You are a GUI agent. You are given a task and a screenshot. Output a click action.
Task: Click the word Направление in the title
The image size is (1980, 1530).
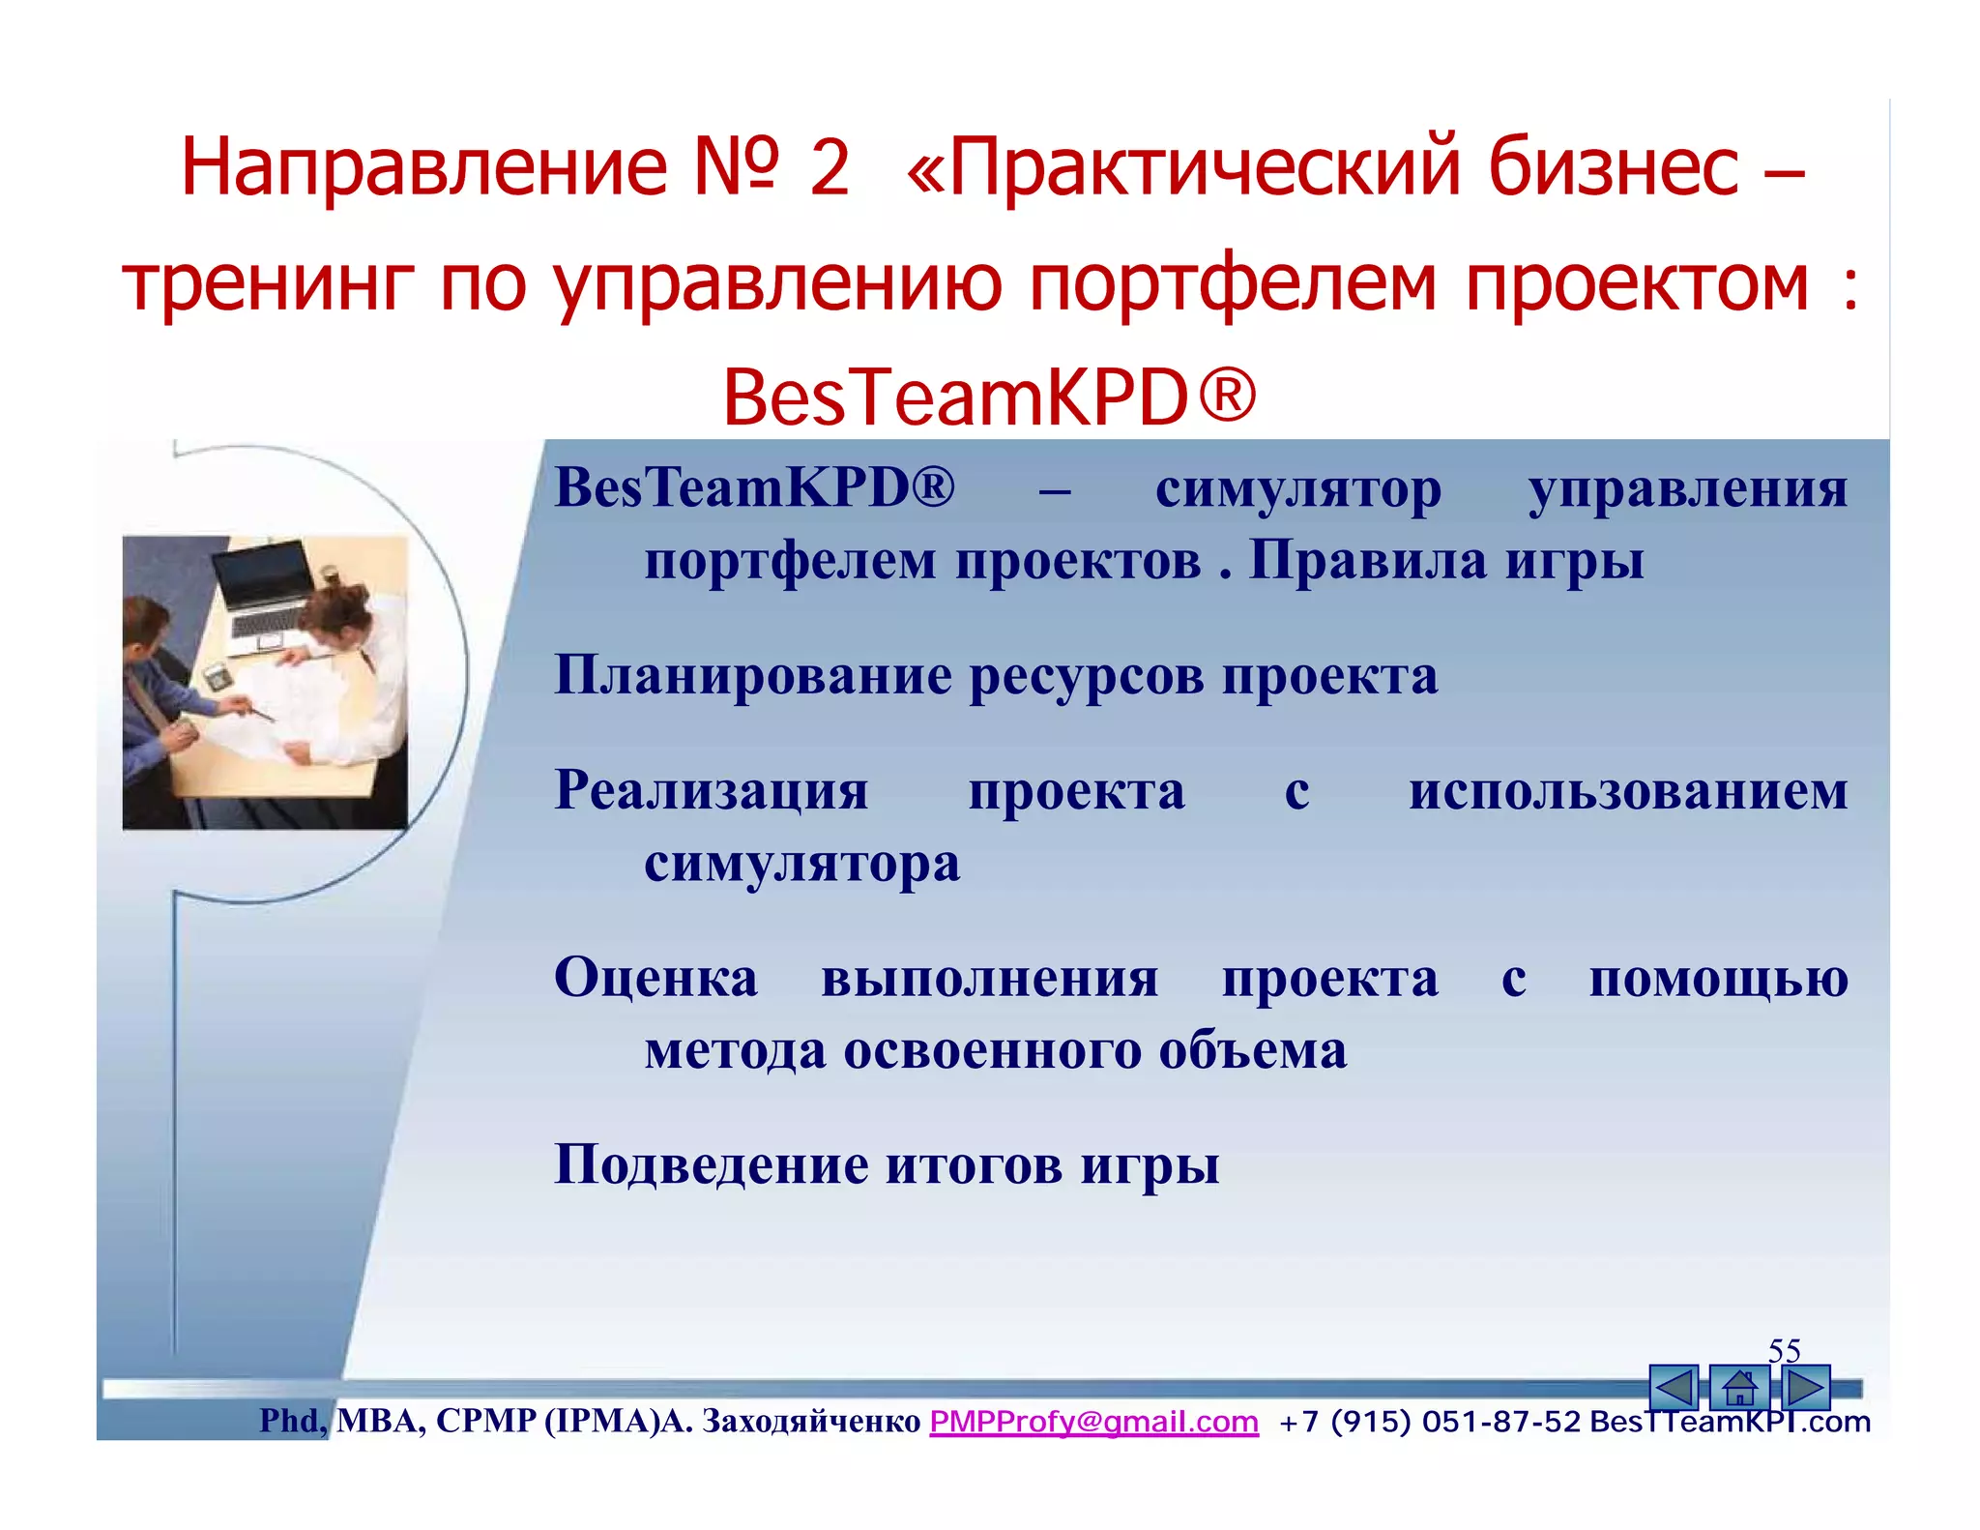coord(423,167)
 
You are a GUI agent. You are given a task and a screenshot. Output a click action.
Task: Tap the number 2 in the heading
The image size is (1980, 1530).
coord(829,167)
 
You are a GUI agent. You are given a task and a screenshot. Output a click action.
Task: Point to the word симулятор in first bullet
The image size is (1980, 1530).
coord(1297,488)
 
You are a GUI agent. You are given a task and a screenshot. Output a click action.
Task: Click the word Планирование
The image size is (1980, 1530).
coord(752,675)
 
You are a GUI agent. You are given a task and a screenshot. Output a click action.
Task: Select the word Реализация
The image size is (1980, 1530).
coord(711,790)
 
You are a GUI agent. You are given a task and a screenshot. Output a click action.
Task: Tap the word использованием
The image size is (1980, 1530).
coord(1628,790)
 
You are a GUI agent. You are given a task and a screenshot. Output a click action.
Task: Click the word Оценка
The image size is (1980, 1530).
coord(655,978)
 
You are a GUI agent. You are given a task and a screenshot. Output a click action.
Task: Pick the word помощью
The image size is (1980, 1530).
coord(1718,978)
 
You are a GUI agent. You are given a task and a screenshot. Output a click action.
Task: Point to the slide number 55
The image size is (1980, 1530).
coord(1784,1350)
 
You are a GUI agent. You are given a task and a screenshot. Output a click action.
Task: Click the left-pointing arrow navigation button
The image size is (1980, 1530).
coord(1674,1389)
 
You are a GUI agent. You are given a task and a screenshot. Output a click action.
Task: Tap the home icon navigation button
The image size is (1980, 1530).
coord(1738,1389)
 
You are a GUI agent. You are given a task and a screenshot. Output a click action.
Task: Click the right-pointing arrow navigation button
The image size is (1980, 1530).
coord(1804,1389)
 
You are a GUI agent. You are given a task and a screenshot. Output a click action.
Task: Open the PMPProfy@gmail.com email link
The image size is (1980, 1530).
coord(1093,1422)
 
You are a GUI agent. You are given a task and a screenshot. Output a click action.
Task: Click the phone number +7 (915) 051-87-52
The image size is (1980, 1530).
coord(1430,1422)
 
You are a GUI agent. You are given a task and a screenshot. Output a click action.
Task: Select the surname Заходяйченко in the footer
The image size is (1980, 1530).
coord(810,1422)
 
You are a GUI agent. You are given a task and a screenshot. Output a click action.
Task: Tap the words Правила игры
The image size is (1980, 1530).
coord(1445,561)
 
